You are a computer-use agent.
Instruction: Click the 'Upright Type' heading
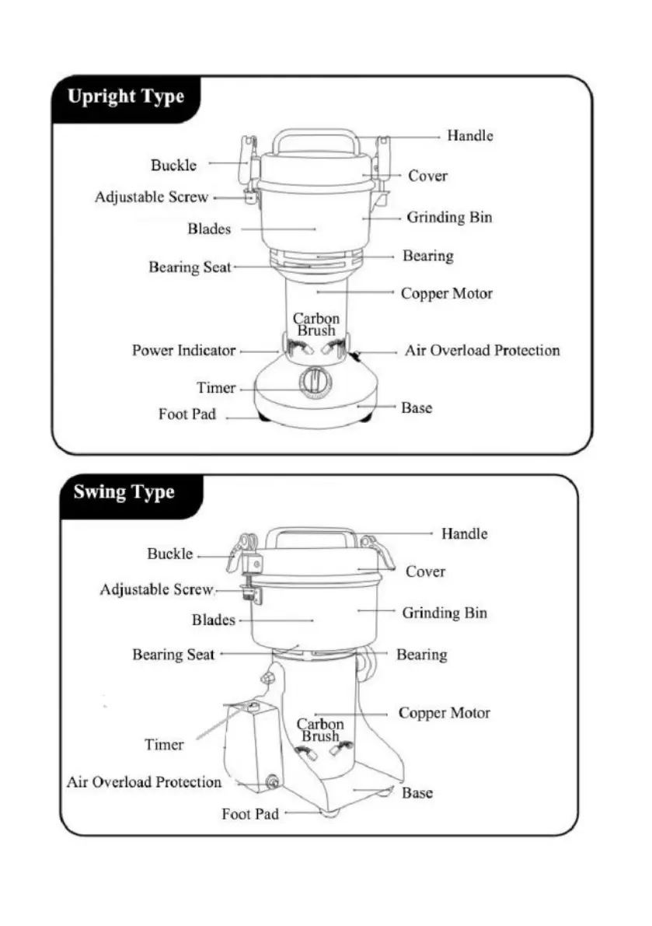(x=125, y=97)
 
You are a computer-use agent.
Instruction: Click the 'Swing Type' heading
(x=124, y=493)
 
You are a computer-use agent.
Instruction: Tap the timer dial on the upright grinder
(x=314, y=383)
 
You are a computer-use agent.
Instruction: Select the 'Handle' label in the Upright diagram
(x=469, y=135)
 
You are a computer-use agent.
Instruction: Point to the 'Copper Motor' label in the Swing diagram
(x=444, y=713)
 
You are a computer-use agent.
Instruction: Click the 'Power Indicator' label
(x=183, y=351)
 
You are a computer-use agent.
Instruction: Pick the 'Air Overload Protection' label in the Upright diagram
(x=482, y=351)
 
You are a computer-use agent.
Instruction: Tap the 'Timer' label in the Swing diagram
(x=164, y=745)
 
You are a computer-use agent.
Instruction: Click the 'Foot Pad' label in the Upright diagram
(x=187, y=414)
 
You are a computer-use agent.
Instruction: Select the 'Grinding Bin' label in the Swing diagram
(x=445, y=613)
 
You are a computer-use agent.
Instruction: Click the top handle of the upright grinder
(x=315, y=140)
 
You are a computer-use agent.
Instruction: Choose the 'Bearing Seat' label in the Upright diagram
(x=190, y=267)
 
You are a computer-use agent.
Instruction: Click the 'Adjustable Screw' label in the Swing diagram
(x=156, y=589)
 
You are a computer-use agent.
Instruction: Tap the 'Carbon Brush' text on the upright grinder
(x=316, y=324)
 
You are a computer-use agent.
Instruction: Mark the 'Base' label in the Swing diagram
(x=417, y=794)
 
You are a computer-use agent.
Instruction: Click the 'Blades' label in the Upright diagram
(x=209, y=229)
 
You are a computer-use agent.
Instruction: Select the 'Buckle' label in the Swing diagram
(x=170, y=554)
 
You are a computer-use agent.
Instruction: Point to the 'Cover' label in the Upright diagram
(x=427, y=176)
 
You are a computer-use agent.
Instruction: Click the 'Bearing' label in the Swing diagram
(x=422, y=655)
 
